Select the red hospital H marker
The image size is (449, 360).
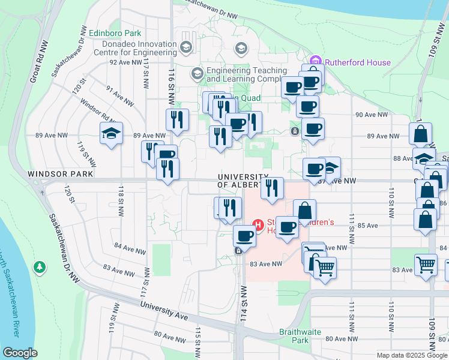tap(259, 226)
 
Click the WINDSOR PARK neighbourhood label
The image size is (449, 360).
tap(60, 174)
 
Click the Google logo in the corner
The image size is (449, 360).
tap(20, 352)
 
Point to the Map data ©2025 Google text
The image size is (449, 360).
tap(411, 355)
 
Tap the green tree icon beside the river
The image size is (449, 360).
tap(40, 265)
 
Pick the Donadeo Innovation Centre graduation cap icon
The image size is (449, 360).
tap(186, 47)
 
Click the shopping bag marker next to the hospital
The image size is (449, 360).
tap(304, 211)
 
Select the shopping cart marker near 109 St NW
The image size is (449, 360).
tap(426, 264)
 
